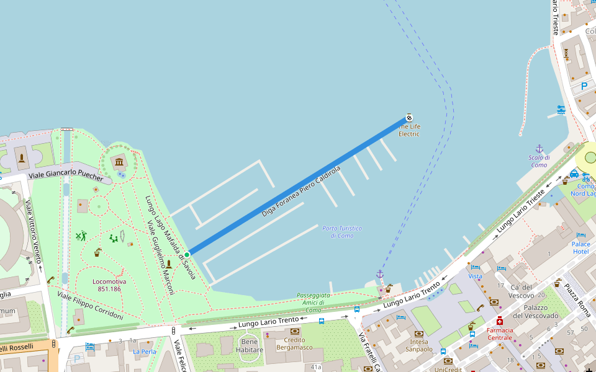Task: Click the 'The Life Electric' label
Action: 409,130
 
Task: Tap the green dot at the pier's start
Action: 187,254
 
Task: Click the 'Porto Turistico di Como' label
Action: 341,232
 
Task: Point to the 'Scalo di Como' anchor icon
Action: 539,149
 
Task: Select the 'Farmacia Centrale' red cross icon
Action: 499,321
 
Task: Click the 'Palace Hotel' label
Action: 580,247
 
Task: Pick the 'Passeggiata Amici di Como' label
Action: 313,303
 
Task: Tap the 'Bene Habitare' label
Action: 249,346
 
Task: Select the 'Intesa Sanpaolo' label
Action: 419,345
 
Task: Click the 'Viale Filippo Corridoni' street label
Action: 90,306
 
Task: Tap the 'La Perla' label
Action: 145,352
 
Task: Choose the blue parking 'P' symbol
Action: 584,87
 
